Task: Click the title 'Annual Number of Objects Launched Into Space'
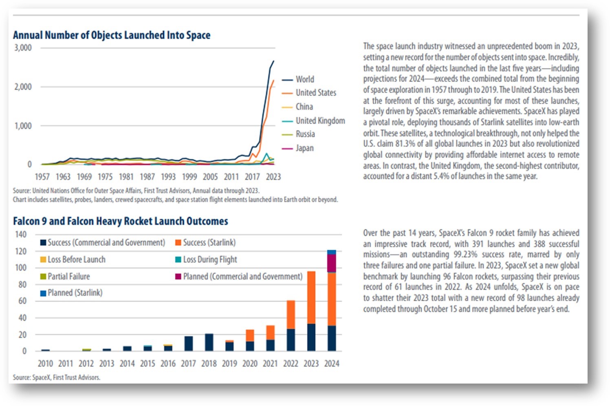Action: [x=112, y=35]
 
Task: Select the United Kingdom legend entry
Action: [x=313, y=120]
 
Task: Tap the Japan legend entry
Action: [x=297, y=148]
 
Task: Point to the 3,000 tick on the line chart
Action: [x=23, y=48]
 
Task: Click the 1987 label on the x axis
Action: [x=147, y=177]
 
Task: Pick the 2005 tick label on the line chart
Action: [x=210, y=177]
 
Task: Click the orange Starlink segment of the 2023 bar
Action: [x=311, y=297]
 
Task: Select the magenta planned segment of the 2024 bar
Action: [x=332, y=263]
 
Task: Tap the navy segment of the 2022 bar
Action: [x=291, y=340]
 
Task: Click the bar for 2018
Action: [x=209, y=342]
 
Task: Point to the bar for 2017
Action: [x=189, y=344]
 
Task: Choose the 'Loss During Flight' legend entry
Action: [x=206, y=259]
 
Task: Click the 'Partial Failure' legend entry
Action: [x=65, y=276]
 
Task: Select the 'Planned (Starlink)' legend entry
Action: [x=71, y=293]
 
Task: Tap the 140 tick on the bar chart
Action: [x=21, y=235]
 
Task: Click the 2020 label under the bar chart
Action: [x=250, y=364]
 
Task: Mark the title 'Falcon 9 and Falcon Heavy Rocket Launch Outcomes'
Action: [x=121, y=221]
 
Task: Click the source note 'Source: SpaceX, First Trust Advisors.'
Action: [x=57, y=377]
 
